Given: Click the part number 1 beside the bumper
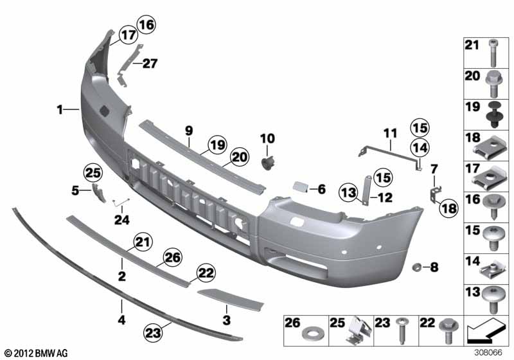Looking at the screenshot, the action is coord(59,110).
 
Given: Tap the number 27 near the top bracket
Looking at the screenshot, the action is coord(150,64).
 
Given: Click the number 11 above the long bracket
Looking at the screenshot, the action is coord(391,134).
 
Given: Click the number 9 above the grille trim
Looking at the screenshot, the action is coord(189,131).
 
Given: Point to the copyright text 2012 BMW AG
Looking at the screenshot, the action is coord(35,353).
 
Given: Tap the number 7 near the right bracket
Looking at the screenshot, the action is coord(434,169).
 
